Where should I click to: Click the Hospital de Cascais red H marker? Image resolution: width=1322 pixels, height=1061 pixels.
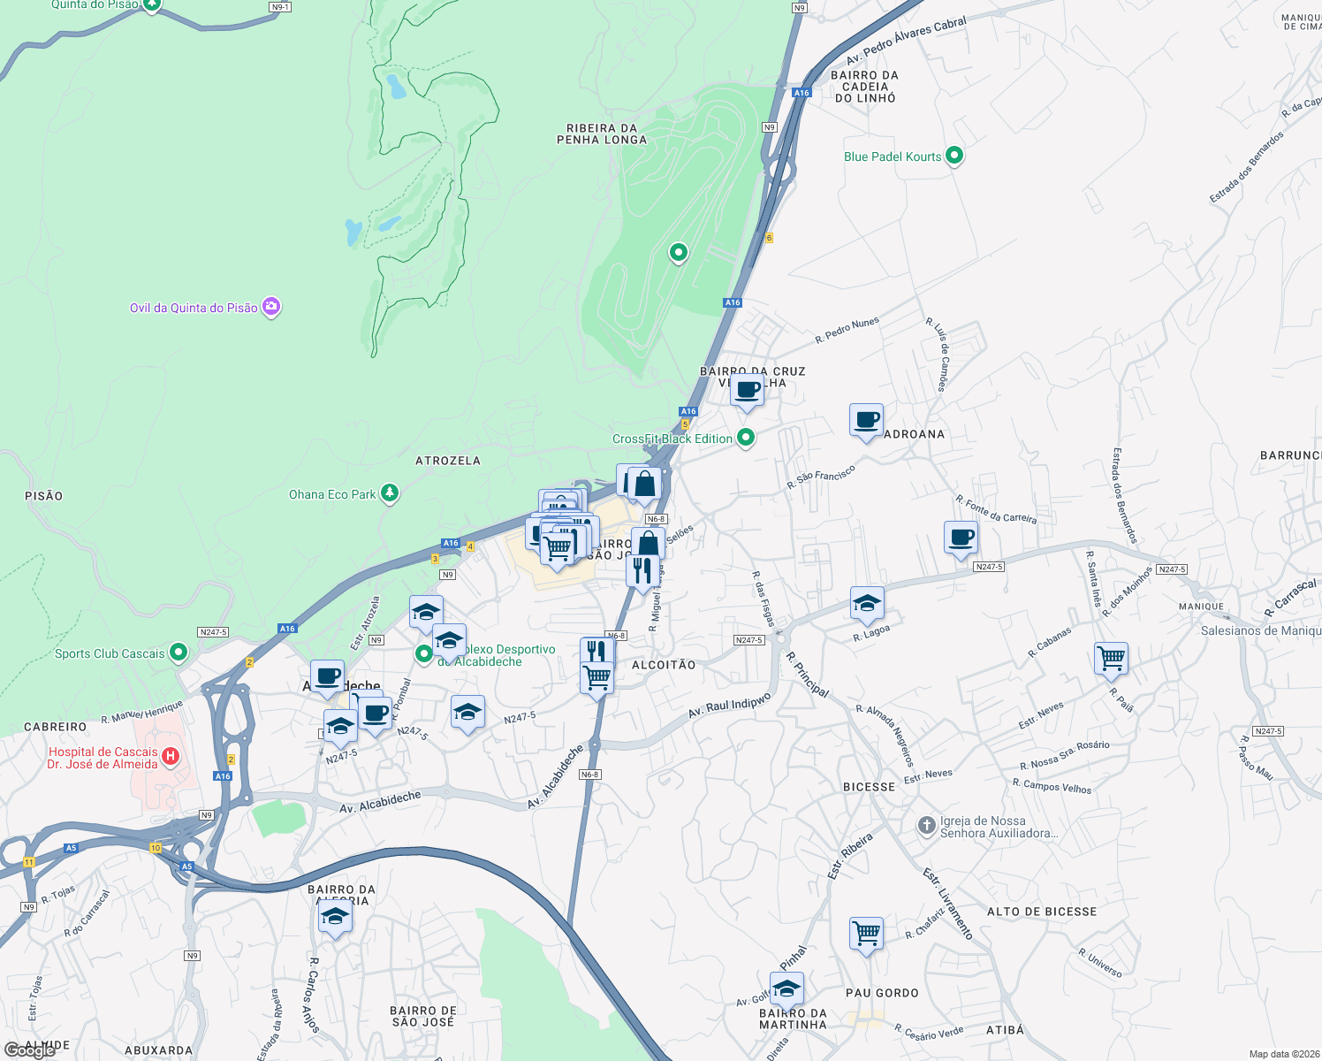click(171, 757)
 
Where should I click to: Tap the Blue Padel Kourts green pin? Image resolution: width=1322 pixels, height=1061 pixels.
click(954, 156)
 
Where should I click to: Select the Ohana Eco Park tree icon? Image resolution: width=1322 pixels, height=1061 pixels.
click(390, 493)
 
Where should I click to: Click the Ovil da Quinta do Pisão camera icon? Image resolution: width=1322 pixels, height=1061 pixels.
click(271, 307)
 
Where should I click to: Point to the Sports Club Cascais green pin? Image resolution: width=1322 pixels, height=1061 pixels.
click(179, 653)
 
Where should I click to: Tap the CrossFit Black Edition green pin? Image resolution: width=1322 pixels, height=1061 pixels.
click(746, 437)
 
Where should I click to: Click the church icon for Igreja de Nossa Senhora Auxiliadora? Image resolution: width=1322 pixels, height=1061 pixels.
click(926, 826)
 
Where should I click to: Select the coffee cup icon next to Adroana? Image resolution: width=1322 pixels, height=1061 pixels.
click(867, 420)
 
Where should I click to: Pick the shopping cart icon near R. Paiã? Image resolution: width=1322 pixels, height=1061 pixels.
click(1111, 658)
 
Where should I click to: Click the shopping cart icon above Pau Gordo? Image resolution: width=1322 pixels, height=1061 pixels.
click(866, 933)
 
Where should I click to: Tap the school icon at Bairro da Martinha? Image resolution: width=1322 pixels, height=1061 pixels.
click(786, 988)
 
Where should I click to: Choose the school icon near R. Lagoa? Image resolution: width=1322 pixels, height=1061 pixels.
click(867, 604)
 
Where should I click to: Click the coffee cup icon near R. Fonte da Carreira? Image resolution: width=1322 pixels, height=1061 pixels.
click(961, 537)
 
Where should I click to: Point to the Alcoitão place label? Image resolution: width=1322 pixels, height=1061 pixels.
click(664, 665)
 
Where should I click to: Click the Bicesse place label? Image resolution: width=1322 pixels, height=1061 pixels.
click(870, 787)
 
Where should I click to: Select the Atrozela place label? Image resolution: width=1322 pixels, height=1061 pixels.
click(448, 461)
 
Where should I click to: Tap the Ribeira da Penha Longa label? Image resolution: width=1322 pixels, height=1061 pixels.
click(602, 134)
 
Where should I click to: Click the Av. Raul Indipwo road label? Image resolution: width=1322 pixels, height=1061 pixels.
click(730, 706)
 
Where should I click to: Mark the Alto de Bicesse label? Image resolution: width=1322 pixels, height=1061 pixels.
click(1042, 912)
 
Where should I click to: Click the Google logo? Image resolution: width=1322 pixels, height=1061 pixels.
click(30, 1050)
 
